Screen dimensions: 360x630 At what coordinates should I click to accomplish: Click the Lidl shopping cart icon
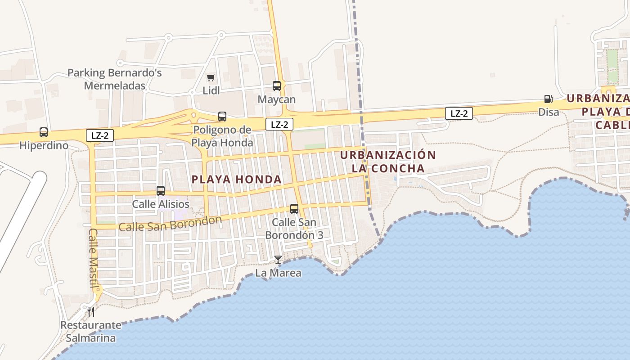tap(211, 77)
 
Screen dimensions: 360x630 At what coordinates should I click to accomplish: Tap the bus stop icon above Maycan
tap(277, 86)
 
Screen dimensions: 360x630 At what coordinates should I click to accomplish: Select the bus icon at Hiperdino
tap(44, 132)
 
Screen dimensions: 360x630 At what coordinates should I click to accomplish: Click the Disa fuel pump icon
tap(548, 99)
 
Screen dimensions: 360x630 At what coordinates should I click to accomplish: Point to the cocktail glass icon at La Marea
tap(278, 260)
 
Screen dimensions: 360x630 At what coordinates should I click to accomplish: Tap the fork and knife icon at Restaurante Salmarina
tap(91, 312)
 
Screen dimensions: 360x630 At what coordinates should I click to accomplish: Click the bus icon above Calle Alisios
tap(161, 191)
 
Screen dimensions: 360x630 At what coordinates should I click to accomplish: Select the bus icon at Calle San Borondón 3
tap(294, 209)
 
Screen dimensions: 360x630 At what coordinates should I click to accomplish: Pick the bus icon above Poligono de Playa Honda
tap(222, 117)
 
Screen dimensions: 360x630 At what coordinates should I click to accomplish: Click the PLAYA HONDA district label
tap(237, 180)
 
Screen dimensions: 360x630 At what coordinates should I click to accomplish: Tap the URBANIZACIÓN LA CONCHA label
tap(388, 162)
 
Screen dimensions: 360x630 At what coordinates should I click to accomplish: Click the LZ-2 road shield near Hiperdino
tap(100, 135)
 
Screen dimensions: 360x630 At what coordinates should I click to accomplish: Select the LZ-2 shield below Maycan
tap(279, 125)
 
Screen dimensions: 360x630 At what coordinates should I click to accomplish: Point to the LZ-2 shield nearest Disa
tap(459, 113)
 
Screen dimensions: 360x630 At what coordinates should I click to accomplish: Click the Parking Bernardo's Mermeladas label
tap(115, 79)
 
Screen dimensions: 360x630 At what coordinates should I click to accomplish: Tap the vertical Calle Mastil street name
tap(93, 258)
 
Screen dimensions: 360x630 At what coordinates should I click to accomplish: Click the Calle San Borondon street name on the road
tap(171, 224)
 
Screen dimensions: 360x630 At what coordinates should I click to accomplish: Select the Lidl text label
tap(211, 90)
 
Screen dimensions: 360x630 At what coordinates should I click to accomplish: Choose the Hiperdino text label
tap(44, 145)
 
